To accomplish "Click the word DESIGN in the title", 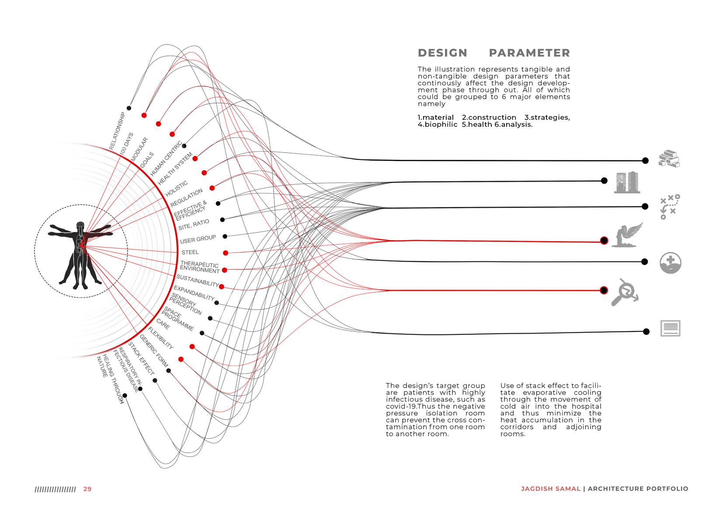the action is tap(442, 53).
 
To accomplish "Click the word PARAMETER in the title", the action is tap(529, 53).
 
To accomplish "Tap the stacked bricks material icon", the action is tap(670, 159).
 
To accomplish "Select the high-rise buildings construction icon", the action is tap(627, 182).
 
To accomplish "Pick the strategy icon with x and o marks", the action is tap(670, 207).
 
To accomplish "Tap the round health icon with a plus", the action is tap(670, 263).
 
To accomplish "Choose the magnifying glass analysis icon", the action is tap(624, 291).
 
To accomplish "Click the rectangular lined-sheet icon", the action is tap(670, 328).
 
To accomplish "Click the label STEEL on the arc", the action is tap(190, 252).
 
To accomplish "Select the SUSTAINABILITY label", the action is tap(197, 281).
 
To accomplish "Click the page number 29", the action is tap(87, 489).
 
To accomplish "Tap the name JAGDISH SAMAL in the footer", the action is tap(550, 489).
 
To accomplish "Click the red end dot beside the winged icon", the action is tap(604, 241).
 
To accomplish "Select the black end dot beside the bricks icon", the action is tap(645, 161).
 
